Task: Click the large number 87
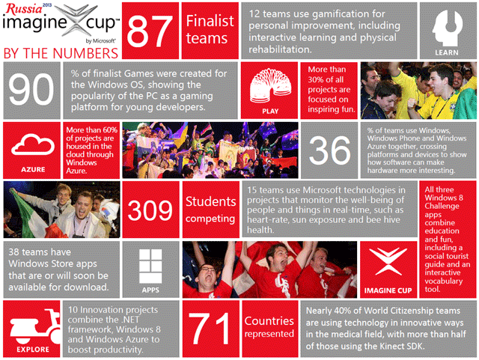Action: tap(150, 31)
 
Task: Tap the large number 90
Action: tap(31, 90)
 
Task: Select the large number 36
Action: tap(329, 150)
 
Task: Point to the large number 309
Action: tap(150, 210)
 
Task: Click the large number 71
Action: tap(210, 329)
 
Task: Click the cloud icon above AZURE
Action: tap(33, 145)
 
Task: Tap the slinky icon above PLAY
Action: tap(270, 85)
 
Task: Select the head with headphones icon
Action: tap(447, 28)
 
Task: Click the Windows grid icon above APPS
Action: tap(150, 266)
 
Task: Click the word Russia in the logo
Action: tap(24, 9)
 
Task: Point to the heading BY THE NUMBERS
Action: tap(61, 53)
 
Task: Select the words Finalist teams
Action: tap(210, 30)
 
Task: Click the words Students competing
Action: tap(210, 210)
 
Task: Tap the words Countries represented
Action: tap(269, 327)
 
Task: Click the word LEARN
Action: tap(447, 52)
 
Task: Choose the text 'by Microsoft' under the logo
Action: tap(100, 41)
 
